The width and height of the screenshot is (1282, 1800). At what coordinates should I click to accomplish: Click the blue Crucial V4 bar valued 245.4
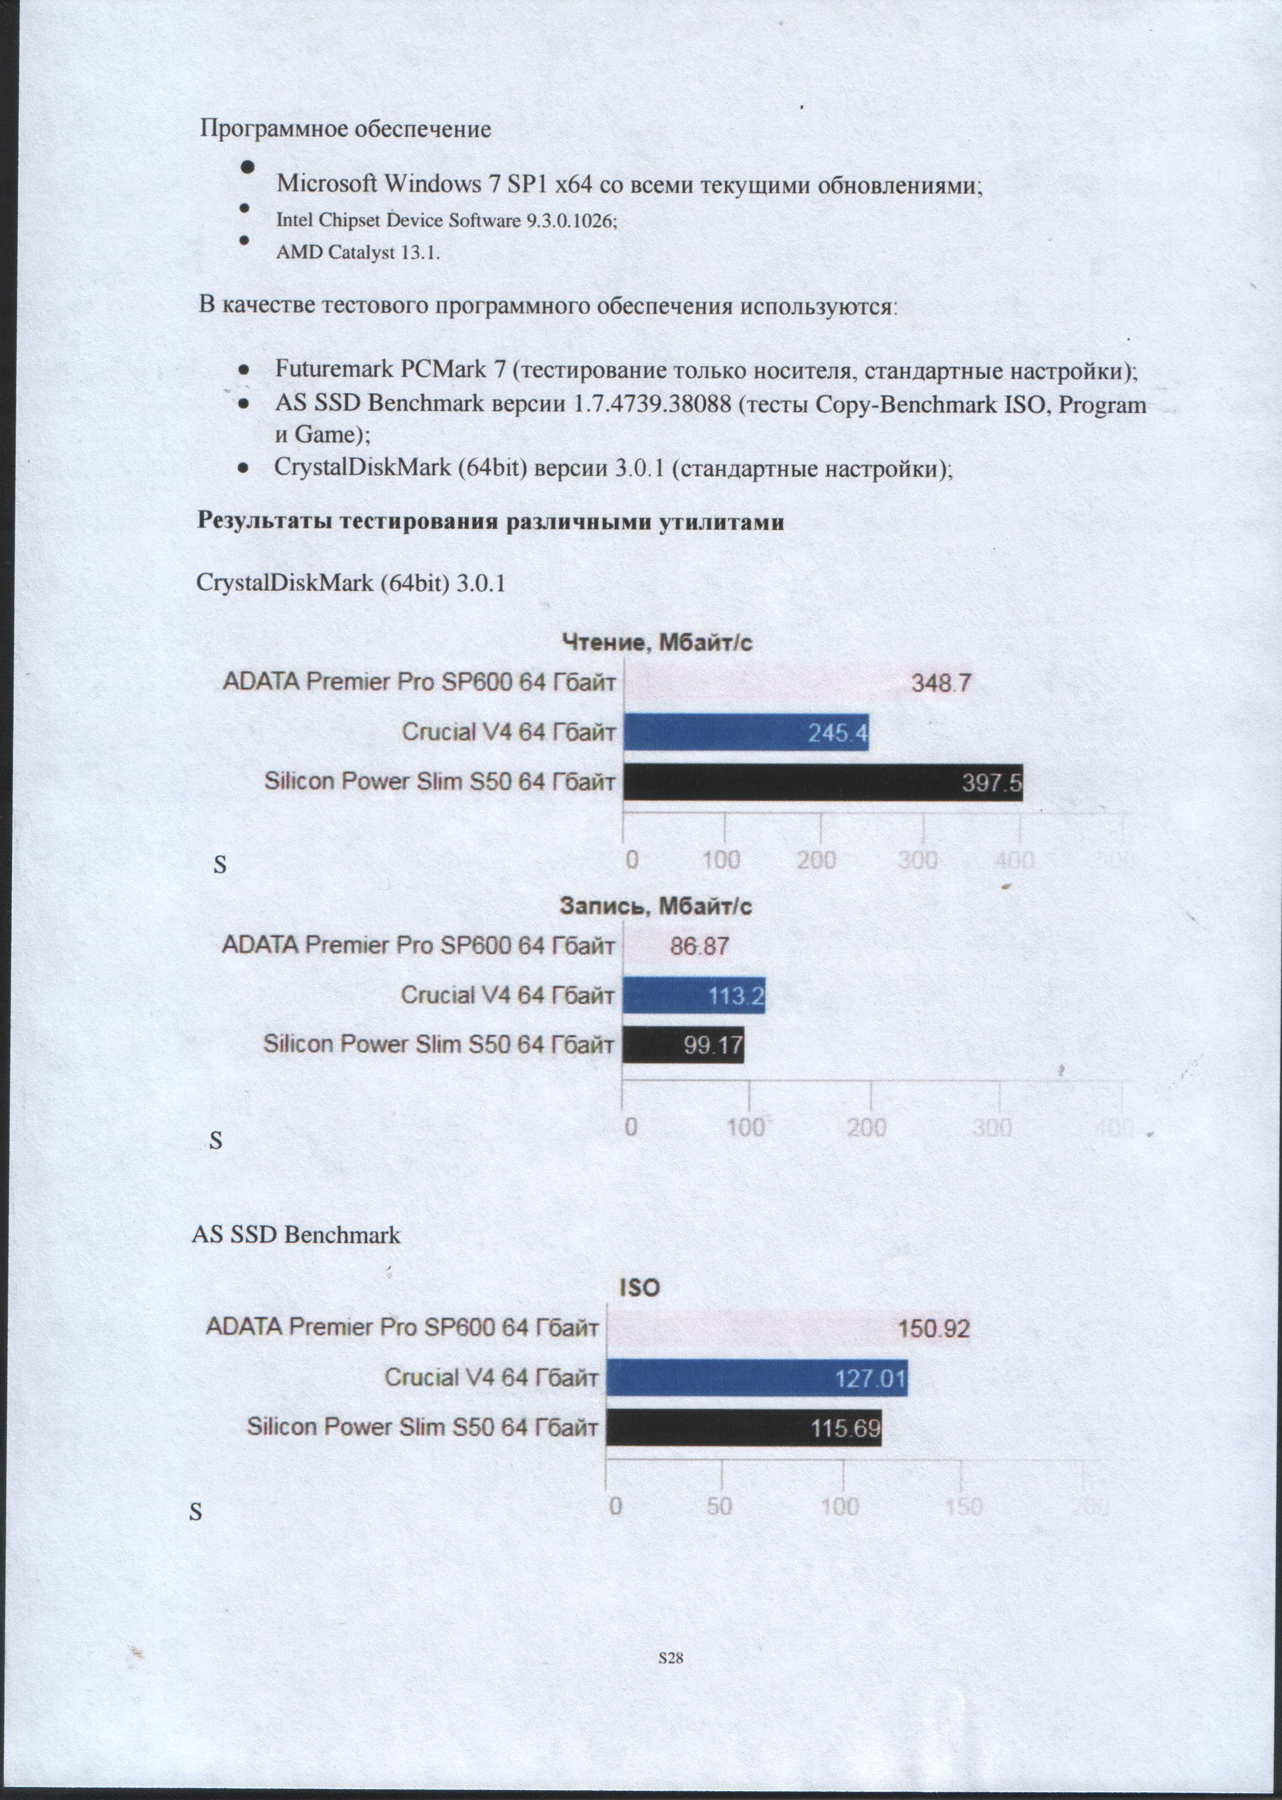pyautogui.click(x=746, y=733)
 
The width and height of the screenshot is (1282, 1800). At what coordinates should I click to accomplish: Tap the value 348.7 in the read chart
pyautogui.click(x=941, y=683)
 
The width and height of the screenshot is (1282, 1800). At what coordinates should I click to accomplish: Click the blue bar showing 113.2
pyautogui.click(x=693, y=996)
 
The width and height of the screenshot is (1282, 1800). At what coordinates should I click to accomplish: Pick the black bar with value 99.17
pyautogui.click(x=683, y=1045)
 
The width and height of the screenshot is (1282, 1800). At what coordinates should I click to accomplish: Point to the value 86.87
pyautogui.click(x=699, y=946)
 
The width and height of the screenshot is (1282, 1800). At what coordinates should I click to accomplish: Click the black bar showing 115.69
pyautogui.click(x=744, y=1428)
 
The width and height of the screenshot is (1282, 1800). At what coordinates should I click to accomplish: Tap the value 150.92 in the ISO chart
pyautogui.click(x=935, y=1329)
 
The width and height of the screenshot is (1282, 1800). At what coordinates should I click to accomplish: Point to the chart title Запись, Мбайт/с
pyautogui.click(x=656, y=906)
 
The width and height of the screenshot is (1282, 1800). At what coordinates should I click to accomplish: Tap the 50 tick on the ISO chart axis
pyautogui.click(x=719, y=1506)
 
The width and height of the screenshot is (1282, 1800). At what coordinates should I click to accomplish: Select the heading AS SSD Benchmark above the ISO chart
pyautogui.click(x=296, y=1235)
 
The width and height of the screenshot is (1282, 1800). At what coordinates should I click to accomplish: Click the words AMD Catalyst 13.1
pyautogui.click(x=357, y=253)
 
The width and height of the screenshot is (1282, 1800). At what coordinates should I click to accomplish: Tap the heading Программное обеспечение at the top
pyautogui.click(x=345, y=129)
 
